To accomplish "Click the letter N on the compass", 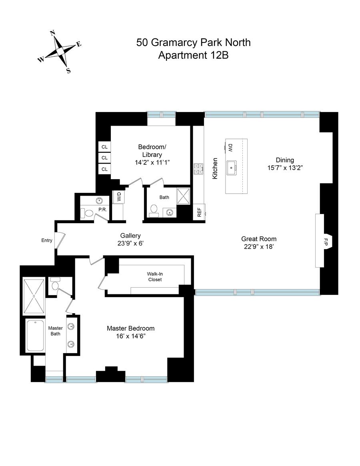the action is pos(53,33).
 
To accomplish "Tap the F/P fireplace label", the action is pos(326,242).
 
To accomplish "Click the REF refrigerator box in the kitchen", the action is pos(199,212).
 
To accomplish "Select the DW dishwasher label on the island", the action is pos(230,148).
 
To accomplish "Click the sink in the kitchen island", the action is pos(231,168).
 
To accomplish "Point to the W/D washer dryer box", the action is pos(119,196).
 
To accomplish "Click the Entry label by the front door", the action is pos(47,240).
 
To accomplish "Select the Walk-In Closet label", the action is pos(155,277).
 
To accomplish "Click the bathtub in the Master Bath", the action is pos(35,336).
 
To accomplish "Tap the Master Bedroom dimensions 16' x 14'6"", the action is pos(130,336).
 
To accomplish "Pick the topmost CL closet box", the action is pos(104,147).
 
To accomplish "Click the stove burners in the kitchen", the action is pos(198,169).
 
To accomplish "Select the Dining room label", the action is pos(285,160).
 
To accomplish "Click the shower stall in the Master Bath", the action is pos(34,296).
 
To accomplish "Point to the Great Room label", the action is pos(259,239).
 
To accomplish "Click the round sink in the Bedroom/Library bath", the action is pos(170,212).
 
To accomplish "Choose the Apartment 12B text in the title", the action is pos(193,55).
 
